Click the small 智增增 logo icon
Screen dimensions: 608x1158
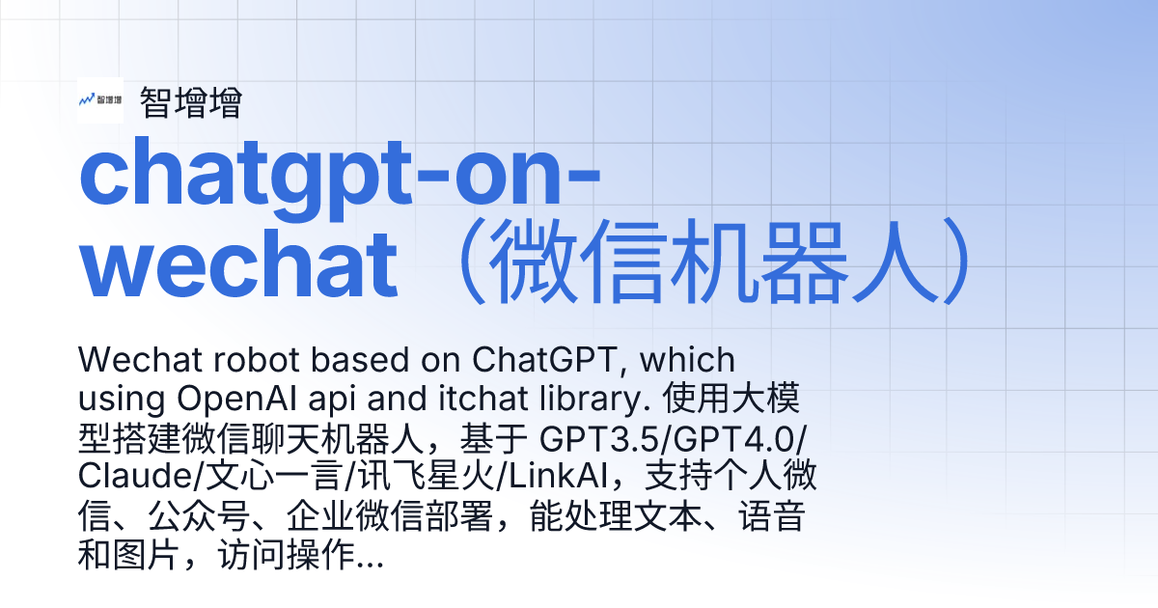pos(100,100)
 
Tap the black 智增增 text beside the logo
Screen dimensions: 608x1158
pos(190,102)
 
